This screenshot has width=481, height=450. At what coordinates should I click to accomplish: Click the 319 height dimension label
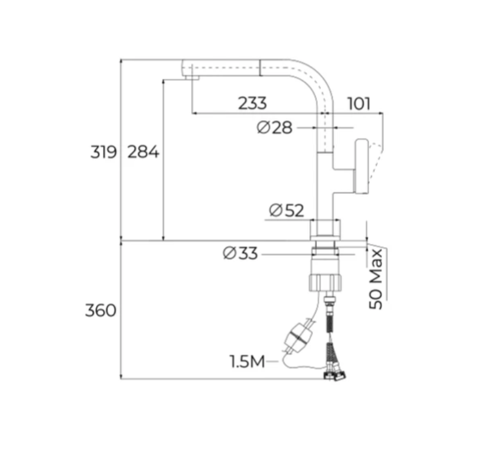pyautogui.click(x=104, y=152)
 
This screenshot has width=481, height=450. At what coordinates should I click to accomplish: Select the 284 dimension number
pyautogui.click(x=143, y=152)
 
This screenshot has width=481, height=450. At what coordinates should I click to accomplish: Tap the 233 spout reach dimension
pyautogui.click(x=252, y=103)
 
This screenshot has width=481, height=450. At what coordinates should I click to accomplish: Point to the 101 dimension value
pyautogui.click(x=359, y=104)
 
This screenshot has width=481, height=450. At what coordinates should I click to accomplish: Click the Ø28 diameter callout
pyautogui.click(x=274, y=127)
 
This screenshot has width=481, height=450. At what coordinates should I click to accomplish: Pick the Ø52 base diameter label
pyautogui.click(x=287, y=210)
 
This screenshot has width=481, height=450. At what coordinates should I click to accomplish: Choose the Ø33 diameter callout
pyautogui.click(x=240, y=254)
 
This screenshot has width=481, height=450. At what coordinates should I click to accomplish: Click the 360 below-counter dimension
pyautogui.click(x=101, y=310)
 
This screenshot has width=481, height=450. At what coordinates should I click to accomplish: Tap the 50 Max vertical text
pyautogui.click(x=376, y=279)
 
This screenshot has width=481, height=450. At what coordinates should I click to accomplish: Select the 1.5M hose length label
pyautogui.click(x=247, y=361)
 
